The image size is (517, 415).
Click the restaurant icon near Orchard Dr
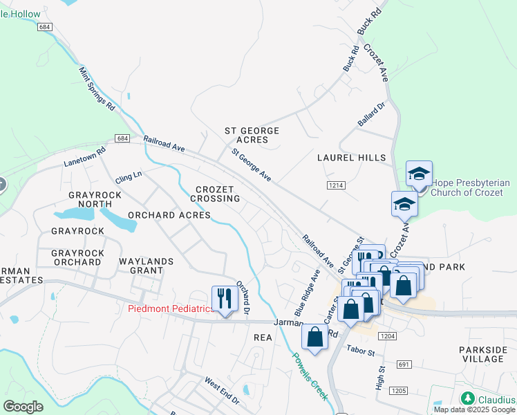point(225,298)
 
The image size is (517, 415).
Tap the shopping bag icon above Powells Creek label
point(315,338)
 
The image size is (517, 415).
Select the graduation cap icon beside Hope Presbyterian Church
point(419,174)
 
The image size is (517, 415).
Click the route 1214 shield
point(336,185)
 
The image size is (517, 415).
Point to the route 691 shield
point(404,364)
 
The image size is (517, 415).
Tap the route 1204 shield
point(388,336)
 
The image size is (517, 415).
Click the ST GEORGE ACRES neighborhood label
point(252,135)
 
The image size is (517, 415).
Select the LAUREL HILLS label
point(351,158)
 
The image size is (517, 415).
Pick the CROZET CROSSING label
point(218,194)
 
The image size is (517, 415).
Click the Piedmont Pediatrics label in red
point(171,308)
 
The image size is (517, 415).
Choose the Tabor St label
point(360,351)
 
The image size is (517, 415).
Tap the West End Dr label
point(221,391)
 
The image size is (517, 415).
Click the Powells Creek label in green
point(308,376)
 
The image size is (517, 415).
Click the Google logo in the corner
point(23,407)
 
